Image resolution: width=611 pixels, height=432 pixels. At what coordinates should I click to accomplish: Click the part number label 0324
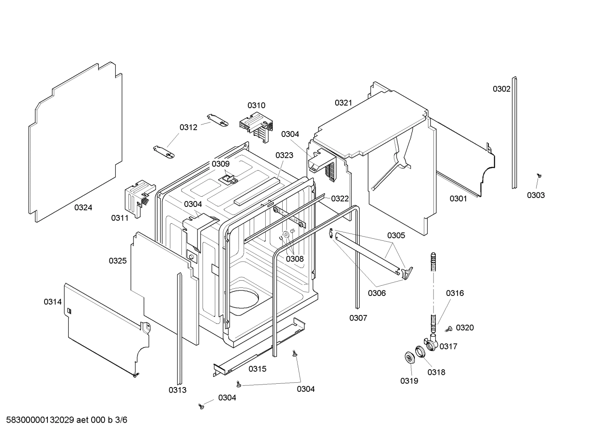[83, 207]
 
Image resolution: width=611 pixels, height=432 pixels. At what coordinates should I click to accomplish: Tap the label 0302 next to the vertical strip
[501, 89]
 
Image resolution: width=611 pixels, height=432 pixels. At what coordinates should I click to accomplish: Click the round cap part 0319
[410, 357]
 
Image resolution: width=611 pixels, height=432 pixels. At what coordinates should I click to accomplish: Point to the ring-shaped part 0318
[419, 351]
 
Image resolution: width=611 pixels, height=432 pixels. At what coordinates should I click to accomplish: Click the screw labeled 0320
[448, 329]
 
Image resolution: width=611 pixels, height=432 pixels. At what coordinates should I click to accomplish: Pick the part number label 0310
[256, 105]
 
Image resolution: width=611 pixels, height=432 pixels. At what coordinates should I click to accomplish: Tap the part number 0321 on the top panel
[343, 103]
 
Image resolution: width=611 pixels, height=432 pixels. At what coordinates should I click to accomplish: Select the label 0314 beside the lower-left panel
[53, 302]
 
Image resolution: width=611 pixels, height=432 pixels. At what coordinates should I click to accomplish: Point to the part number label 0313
[177, 390]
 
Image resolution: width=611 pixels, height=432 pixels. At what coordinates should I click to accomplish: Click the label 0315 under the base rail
[257, 369]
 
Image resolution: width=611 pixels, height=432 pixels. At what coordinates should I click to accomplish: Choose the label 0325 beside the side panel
[117, 261]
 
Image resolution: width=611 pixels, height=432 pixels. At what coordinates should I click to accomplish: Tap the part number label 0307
[358, 318]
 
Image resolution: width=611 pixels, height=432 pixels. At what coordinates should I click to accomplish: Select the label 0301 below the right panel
[458, 198]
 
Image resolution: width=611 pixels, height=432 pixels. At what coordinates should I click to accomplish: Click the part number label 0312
[188, 127]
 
